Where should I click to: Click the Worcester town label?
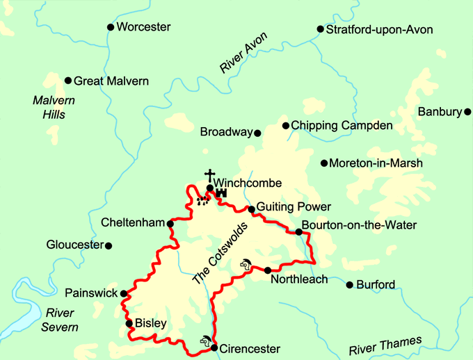click(143, 27)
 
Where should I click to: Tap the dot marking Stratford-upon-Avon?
click(321, 29)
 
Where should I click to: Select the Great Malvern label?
click(111, 81)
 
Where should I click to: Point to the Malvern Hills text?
click(54, 107)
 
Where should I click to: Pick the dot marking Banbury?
click(469, 111)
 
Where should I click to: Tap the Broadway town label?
click(225, 132)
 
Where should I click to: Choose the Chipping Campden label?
click(342, 126)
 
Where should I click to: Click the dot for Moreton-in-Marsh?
click(323, 163)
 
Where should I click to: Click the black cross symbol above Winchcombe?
click(208, 174)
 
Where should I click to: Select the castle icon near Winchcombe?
click(222, 194)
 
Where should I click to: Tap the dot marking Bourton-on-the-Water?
click(299, 231)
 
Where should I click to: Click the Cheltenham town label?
click(132, 224)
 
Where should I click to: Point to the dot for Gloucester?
click(109, 245)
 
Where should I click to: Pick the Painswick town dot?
click(124, 293)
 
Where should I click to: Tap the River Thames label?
click(386, 345)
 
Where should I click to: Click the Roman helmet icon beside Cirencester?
click(205, 341)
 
